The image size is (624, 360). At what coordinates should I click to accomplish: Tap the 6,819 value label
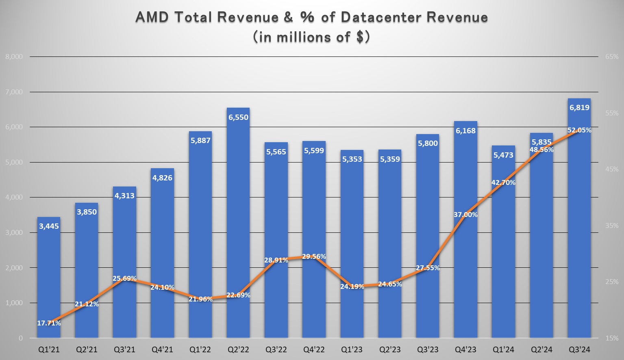coord(579,108)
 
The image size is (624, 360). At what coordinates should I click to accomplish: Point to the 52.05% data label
coord(579,130)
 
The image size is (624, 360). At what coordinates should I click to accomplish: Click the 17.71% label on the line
coord(49,323)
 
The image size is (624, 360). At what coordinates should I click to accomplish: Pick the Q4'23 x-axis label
coord(465,349)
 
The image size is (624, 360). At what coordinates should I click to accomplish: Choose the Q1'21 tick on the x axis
coord(49,349)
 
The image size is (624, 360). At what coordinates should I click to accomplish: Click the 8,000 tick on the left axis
coord(14,57)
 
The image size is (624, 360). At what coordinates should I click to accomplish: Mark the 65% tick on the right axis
coord(611,57)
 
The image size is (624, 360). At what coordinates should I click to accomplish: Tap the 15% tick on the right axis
coord(611,338)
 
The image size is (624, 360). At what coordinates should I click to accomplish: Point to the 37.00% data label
coord(465,215)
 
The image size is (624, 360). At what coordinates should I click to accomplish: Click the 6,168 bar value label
coord(465,131)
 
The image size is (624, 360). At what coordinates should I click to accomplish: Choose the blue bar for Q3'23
coord(428,244)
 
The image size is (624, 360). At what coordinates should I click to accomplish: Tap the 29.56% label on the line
coord(314,256)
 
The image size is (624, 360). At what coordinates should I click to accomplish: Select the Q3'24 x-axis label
coord(579,349)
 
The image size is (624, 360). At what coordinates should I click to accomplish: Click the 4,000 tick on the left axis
coord(14,197)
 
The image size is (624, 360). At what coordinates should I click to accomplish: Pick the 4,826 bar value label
coord(162,178)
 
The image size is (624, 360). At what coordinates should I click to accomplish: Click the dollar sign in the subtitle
coord(360,37)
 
